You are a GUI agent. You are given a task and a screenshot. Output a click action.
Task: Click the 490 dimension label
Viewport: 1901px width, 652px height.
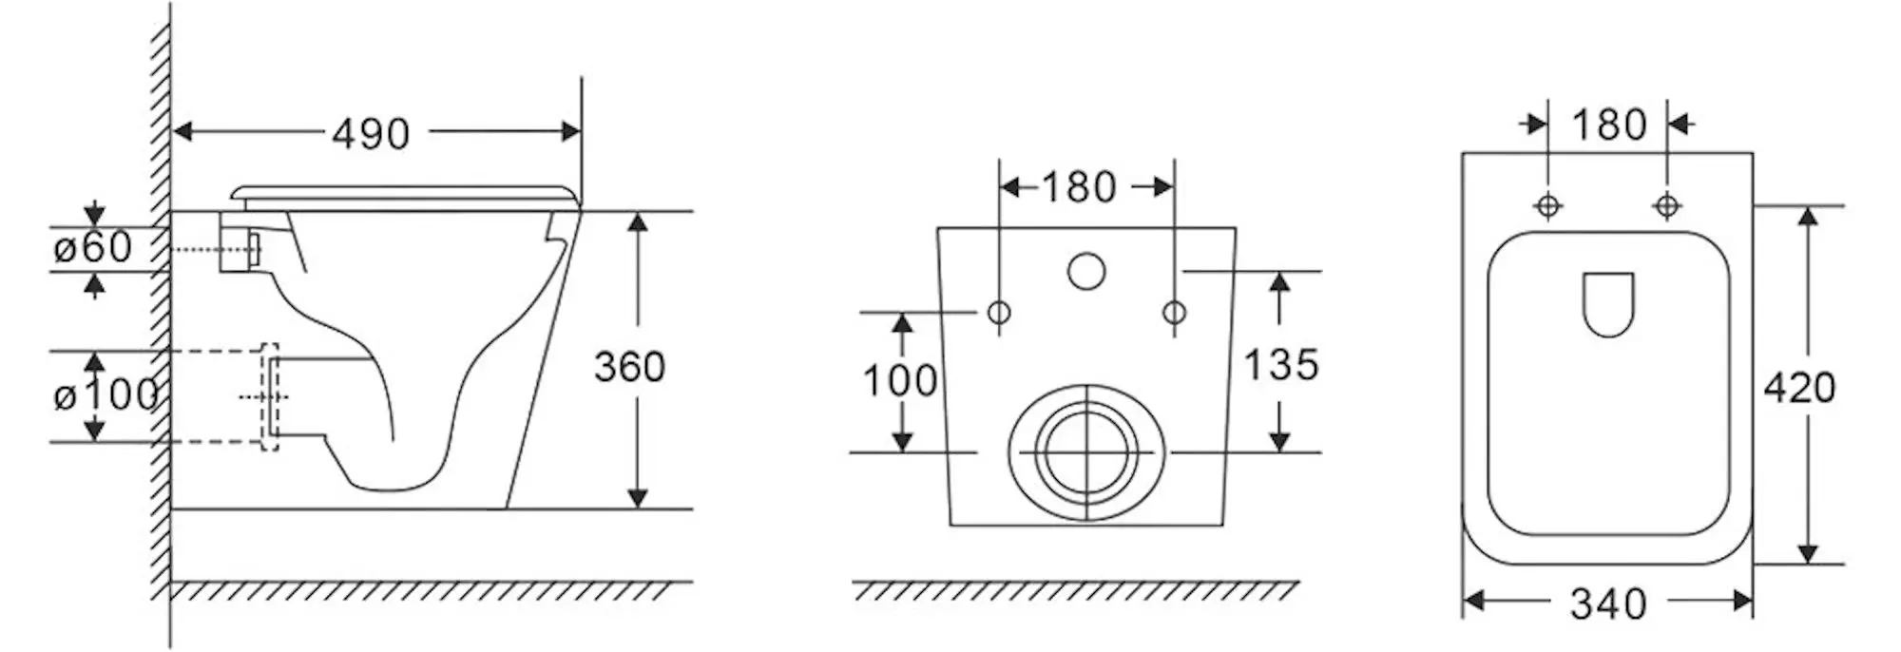coord(371,134)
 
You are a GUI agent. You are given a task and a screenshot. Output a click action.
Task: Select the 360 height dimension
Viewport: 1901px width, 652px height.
coord(629,367)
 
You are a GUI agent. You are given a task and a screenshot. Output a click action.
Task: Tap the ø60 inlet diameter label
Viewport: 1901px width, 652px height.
coord(93,248)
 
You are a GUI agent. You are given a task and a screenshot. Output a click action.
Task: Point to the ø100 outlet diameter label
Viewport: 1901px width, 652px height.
coord(105,394)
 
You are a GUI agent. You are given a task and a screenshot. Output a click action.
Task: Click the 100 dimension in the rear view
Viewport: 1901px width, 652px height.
coord(899,381)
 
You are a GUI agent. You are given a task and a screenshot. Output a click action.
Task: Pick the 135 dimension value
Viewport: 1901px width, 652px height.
coord(1281,365)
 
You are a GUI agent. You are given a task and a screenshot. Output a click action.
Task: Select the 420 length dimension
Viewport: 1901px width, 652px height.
coord(1799,388)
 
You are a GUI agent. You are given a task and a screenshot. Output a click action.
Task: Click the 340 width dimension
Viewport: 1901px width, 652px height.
coord(1608,604)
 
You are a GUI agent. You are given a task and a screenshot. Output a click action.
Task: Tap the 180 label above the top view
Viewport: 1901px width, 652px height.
coord(1608,125)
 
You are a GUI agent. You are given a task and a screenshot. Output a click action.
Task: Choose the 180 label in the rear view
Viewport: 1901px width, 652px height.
coord(1079,187)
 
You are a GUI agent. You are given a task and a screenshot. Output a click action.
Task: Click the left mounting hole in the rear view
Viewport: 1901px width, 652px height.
coord(999,312)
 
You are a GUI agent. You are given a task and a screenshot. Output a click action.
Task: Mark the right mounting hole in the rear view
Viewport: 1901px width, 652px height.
coord(1175,312)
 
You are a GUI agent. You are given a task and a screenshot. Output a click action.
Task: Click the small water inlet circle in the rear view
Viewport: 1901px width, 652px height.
coord(1086,271)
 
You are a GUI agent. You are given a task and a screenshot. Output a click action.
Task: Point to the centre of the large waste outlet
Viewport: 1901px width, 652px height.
coord(1086,452)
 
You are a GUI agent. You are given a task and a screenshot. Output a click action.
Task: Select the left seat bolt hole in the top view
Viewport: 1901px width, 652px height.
coord(1548,204)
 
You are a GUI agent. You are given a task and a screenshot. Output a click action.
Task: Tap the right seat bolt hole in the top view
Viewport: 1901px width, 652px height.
coord(1666,204)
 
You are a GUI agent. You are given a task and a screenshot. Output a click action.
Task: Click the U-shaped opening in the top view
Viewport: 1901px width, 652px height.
coord(1608,304)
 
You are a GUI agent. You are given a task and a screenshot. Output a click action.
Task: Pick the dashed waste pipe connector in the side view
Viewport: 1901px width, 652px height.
coord(270,396)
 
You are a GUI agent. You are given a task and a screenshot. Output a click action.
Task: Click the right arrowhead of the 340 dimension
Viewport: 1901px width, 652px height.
coord(1742,601)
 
